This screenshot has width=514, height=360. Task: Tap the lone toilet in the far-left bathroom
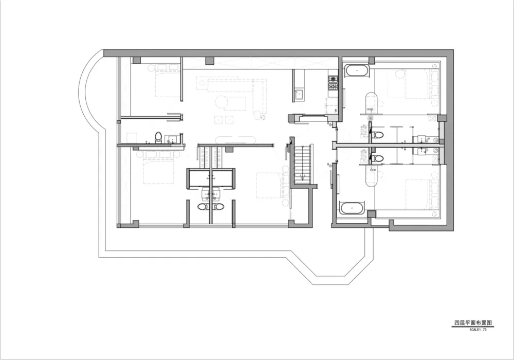(159, 137)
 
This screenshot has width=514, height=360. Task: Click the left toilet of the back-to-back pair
(203, 207)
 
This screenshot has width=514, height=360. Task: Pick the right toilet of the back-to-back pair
(218, 207)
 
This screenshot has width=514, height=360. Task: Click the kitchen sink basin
(299, 95)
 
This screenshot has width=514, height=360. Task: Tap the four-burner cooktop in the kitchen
(333, 86)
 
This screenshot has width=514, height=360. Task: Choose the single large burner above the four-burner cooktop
(333, 79)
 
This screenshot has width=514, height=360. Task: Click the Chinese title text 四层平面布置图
(473, 323)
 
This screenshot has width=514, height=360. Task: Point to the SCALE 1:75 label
(478, 330)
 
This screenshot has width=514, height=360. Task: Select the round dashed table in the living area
(221, 102)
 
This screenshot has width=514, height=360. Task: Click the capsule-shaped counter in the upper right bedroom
(372, 103)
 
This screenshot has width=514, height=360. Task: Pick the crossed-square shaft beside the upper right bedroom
(433, 119)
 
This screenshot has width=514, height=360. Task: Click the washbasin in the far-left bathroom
(171, 140)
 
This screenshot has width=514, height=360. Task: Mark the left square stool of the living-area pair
(218, 120)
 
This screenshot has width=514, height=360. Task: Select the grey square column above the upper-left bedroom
(137, 60)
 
